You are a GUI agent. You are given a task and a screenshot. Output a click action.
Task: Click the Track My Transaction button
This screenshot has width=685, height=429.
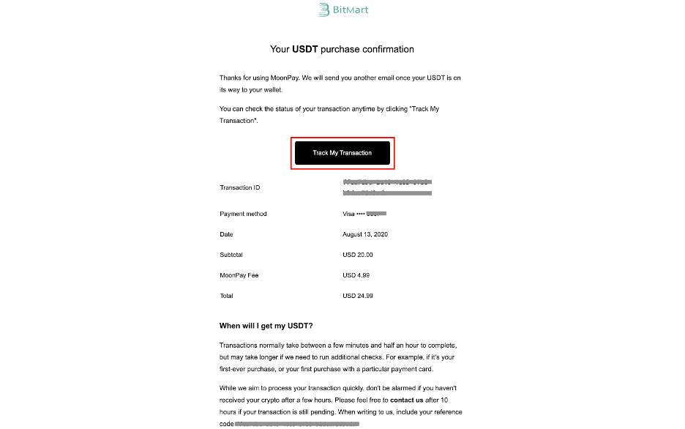point(342,153)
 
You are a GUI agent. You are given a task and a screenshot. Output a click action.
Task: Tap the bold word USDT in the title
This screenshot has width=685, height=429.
point(304,50)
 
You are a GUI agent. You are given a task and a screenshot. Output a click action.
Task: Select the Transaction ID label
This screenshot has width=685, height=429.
point(239,188)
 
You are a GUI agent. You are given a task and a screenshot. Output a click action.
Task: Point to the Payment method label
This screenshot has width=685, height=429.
point(243,214)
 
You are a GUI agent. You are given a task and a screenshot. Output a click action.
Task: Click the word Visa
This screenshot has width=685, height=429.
point(348,214)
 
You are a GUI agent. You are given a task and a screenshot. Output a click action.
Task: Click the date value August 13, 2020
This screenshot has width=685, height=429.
point(364,235)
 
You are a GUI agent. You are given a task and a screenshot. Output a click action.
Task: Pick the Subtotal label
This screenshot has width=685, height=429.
point(231,255)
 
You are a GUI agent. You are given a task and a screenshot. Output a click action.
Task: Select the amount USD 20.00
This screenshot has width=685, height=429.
point(357,255)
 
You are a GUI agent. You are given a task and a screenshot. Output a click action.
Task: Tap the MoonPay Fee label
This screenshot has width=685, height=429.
point(239,276)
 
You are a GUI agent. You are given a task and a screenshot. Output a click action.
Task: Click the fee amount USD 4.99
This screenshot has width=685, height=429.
point(356,276)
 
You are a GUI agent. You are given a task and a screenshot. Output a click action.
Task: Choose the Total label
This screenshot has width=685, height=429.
point(226,296)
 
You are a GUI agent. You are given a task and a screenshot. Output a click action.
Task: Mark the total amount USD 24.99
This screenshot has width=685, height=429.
point(357,296)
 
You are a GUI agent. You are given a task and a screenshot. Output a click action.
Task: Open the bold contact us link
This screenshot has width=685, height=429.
point(407,400)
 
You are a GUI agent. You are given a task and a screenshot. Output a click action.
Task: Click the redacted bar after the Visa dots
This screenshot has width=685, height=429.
point(376,214)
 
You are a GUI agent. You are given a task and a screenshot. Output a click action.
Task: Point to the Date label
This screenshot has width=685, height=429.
point(226,235)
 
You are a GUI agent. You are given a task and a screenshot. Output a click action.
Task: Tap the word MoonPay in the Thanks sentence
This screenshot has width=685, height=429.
point(299,78)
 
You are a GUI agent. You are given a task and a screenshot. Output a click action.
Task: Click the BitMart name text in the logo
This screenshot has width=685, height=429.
point(351,10)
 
